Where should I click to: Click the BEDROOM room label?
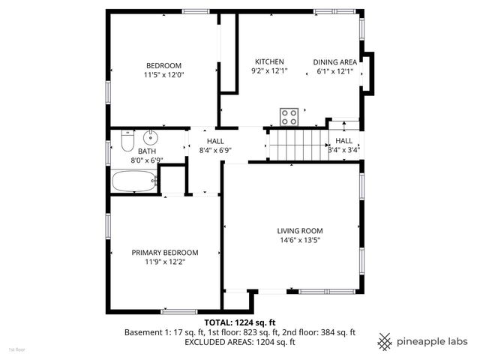(x=163, y=65)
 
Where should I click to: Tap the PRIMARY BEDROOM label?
(x=165, y=253)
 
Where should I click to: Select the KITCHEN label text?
(x=269, y=61)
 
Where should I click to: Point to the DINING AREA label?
(x=334, y=61)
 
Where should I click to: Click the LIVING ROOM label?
(x=300, y=231)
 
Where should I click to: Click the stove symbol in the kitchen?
(x=289, y=116)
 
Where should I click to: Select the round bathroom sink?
(x=151, y=136)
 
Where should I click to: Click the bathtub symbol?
(x=134, y=181)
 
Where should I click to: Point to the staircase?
(x=295, y=143)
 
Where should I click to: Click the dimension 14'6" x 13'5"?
(x=300, y=241)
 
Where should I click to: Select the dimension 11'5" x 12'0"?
(x=163, y=75)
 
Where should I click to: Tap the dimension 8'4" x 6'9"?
(x=216, y=150)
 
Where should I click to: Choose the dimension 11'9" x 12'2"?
(x=165, y=262)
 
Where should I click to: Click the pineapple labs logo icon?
(x=384, y=341)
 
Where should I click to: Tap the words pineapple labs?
(x=433, y=341)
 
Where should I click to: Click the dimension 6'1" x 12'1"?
(x=334, y=71)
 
